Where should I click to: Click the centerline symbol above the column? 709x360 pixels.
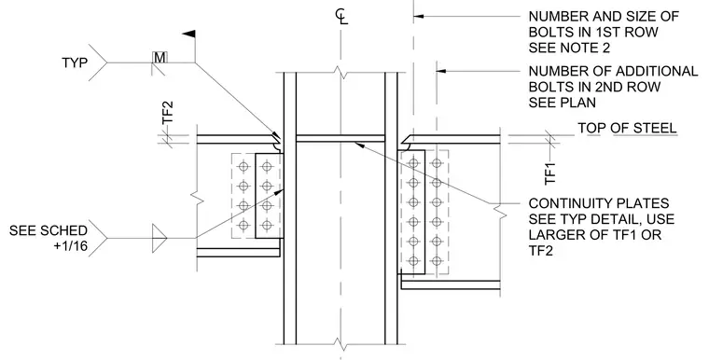341,17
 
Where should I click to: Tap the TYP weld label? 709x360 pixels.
75,62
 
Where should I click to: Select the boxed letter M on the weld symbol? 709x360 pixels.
160,58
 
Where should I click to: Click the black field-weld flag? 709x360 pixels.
188,34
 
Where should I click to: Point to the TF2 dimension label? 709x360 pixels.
168,112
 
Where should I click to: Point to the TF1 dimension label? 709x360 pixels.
549,173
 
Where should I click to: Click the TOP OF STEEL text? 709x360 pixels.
627,128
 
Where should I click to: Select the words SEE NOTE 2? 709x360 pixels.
569,48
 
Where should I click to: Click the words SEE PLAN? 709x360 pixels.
562,103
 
